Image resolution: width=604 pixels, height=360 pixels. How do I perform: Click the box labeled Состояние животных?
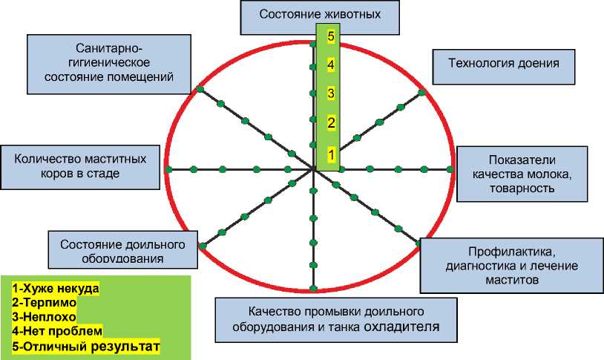[321, 13]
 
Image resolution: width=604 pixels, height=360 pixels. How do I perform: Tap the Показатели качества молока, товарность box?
[522, 174]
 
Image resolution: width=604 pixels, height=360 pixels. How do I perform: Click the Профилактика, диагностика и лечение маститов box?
[511, 265]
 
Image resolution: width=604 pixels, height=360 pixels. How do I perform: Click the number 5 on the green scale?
[331, 36]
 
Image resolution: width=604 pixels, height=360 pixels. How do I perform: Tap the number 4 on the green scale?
[331, 65]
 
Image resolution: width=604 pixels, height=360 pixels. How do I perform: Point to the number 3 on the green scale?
[331, 94]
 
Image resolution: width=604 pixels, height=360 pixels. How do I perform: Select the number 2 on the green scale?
[331, 122]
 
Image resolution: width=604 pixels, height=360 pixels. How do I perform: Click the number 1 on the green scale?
[331, 154]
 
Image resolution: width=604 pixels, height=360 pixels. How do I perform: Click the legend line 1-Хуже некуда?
[55, 287]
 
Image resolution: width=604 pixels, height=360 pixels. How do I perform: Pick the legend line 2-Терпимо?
[45, 302]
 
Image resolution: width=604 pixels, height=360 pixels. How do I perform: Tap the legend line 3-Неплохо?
[46, 316]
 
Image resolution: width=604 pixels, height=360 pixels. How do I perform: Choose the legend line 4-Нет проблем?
[57, 331]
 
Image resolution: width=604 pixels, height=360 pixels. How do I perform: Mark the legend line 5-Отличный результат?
[86, 346]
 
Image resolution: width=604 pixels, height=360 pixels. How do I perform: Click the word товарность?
[522, 189]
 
